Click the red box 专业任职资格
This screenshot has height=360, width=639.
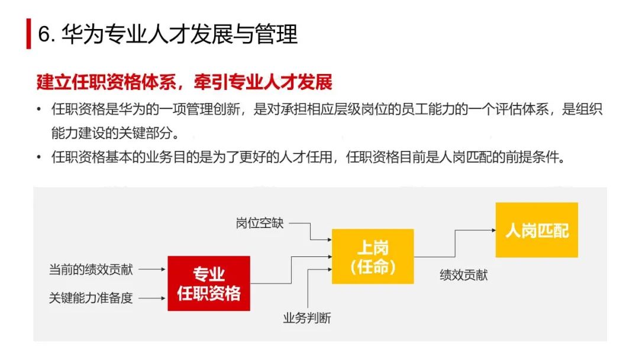(x=208, y=283)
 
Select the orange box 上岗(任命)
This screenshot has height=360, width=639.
(x=372, y=256)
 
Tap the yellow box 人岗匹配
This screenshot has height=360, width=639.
(x=536, y=230)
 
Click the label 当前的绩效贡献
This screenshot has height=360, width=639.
(x=91, y=269)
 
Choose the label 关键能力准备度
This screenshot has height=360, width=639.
(x=91, y=298)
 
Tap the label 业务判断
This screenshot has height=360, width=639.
(x=306, y=318)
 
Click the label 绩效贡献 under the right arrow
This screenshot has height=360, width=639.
(x=463, y=275)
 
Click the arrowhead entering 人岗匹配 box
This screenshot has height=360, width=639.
(x=491, y=230)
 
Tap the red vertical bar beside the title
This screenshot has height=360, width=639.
(x=28, y=34)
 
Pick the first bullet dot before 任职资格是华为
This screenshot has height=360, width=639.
(x=39, y=110)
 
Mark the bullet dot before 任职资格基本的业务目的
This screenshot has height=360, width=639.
(x=39, y=158)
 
